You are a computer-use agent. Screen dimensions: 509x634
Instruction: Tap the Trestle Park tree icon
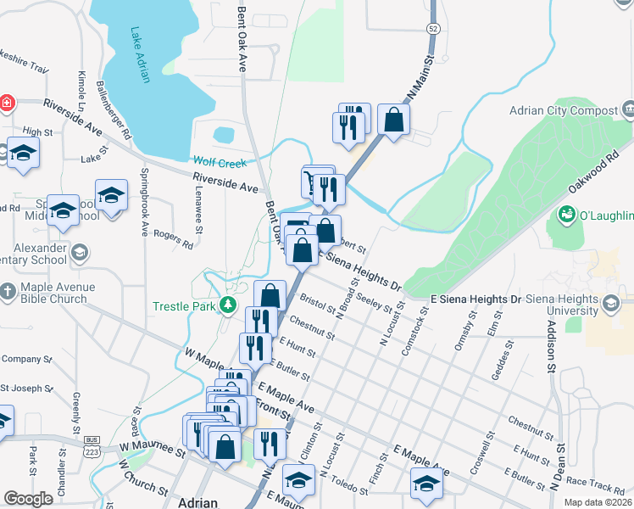tap(226, 305)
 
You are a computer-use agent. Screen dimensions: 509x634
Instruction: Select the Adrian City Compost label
tap(563, 110)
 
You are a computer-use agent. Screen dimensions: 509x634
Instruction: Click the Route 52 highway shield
tap(433, 28)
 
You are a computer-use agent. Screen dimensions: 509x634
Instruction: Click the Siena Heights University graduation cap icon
tap(609, 305)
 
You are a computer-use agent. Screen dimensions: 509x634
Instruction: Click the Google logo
tap(28, 499)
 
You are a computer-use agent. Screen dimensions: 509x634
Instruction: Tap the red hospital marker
tap(6, 103)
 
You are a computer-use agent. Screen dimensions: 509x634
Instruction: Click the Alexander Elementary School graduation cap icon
tap(79, 252)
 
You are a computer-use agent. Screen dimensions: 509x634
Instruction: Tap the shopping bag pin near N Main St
tap(394, 120)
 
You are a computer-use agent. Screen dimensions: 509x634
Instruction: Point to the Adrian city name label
tap(199, 502)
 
